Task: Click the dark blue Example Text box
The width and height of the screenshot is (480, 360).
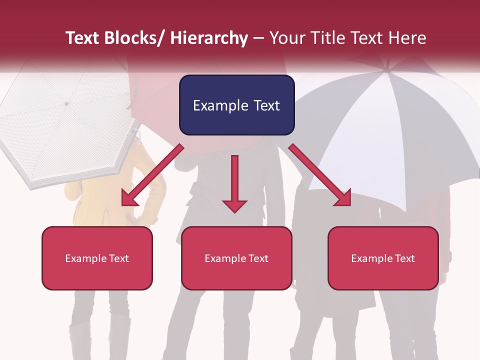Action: click(236, 105)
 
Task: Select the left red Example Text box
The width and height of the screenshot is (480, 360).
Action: click(97, 258)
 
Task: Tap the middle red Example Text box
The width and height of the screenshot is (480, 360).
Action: click(236, 258)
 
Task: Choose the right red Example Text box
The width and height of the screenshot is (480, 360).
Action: click(383, 258)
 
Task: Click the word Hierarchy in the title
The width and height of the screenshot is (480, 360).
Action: click(209, 38)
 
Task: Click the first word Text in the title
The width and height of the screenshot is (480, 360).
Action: click(82, 38)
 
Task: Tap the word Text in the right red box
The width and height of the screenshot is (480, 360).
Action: click(404, 258)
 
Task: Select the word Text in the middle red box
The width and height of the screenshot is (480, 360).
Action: click(258, 258)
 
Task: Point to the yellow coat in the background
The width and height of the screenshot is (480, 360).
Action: click(90, 200)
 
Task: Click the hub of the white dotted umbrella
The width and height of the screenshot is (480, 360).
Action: click(66, 104)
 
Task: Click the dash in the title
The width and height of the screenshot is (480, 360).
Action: click(258, 38)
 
